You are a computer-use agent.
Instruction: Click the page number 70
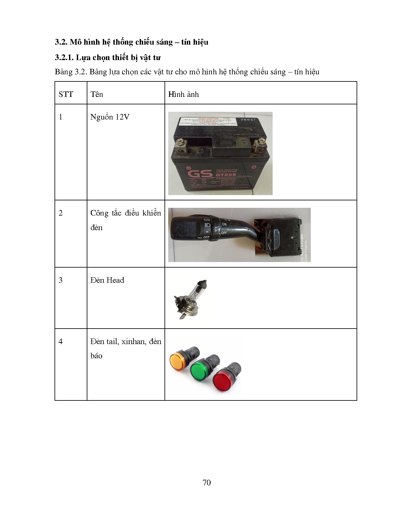[x=207, y=483]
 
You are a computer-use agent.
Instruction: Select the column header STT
[x=66, y=94]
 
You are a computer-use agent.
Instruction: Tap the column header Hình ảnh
[x=183, y=94]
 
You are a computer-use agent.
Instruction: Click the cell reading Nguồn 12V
[x=110, y=117]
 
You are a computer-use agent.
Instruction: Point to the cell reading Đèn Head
[x=107, y=280]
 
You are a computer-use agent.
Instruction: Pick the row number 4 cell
[x=61, y=342]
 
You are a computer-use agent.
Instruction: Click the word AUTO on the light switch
[x=207, y=220]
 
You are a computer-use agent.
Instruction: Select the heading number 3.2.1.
[x=64, y=58]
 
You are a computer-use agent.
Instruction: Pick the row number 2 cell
[x=61, y=213]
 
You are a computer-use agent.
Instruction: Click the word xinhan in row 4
[x=133, y=342]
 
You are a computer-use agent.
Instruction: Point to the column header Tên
[x=97, y=94]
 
